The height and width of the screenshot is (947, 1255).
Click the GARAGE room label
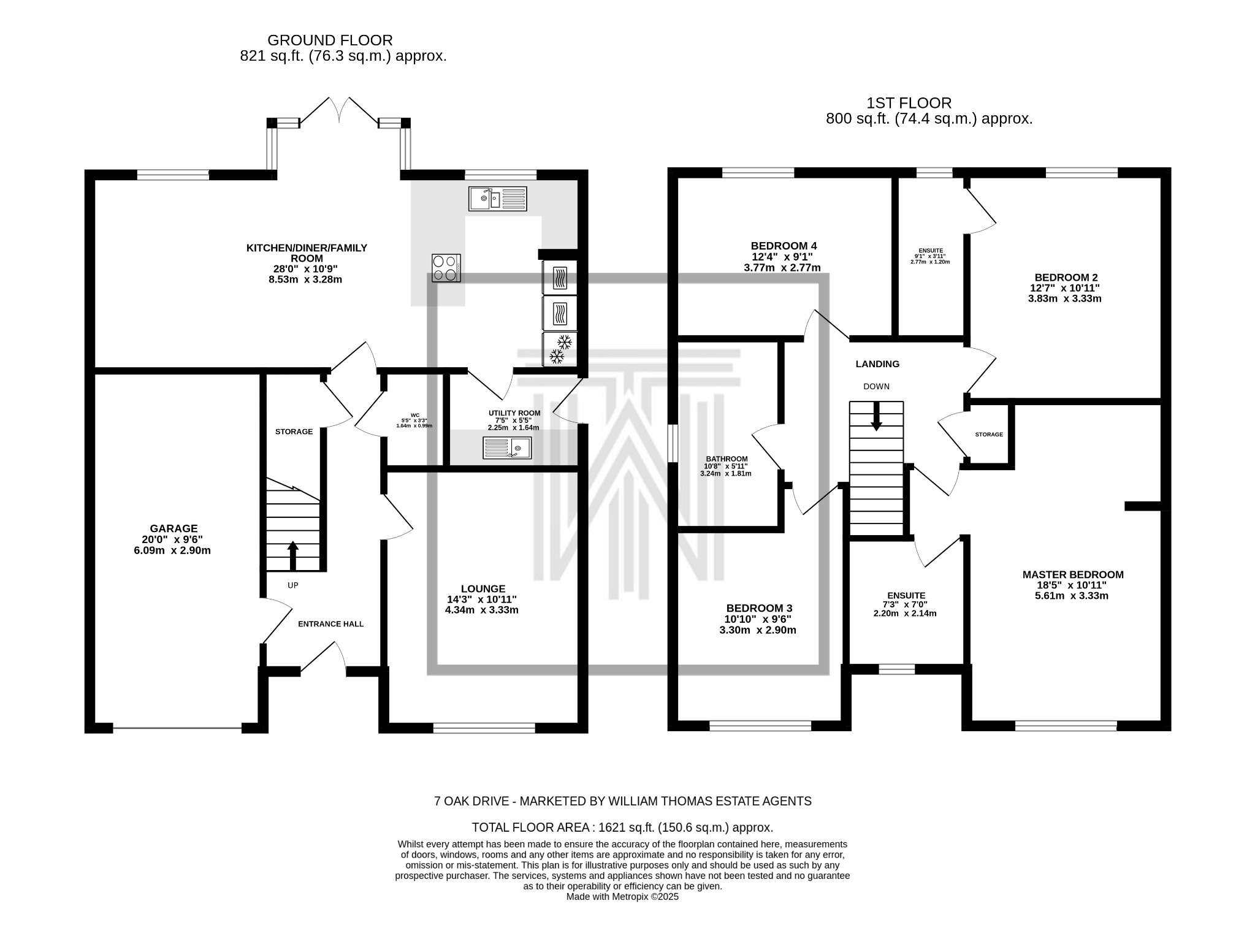coord(174,528)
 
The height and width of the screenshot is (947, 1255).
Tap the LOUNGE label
coord(483,589)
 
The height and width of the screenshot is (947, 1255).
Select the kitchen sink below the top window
coord(497,199)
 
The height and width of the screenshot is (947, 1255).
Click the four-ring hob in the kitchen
coord(446,268)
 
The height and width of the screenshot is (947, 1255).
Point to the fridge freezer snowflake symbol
coord(560,349)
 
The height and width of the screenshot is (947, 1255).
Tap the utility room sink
coord(507,448)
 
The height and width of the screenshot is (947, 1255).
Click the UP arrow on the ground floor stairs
coord(292,555)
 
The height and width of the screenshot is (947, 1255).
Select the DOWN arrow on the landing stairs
coord(877,416)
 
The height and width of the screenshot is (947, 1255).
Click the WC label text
coord(415,415)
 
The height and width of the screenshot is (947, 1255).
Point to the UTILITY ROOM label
coord(514,413)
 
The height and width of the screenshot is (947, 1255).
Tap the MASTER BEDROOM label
coord(1073,575)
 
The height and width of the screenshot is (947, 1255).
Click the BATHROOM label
coord(727,459)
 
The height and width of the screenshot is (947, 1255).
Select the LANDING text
coord(877,364)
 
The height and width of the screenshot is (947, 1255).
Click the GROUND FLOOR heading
coord(330,40)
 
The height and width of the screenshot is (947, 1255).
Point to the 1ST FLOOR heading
coord(909,103)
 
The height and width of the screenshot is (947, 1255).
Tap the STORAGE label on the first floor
coord(989,435)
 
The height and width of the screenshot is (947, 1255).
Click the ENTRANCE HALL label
coord(330,624)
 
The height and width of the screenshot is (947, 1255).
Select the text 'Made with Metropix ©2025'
coord(622,897)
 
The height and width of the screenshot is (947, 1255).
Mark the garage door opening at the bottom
coord(178,728)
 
